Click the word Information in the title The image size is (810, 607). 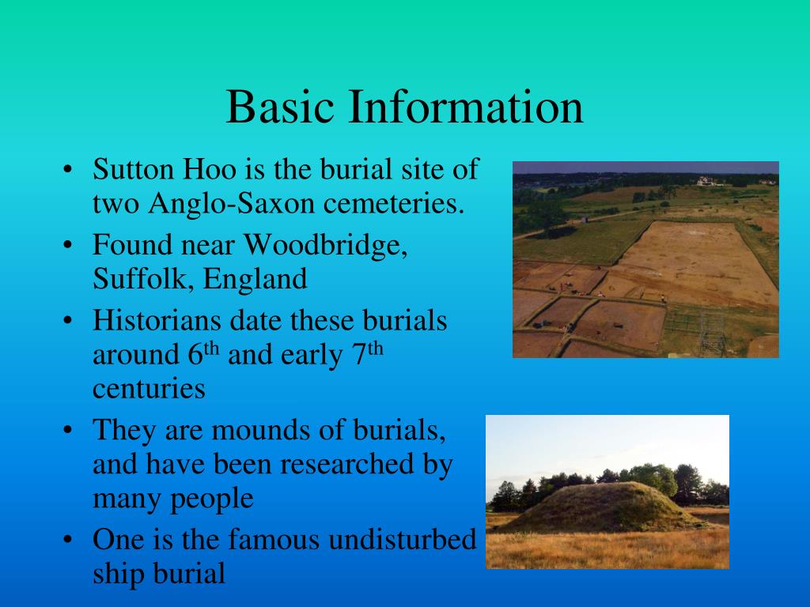coord(466,107)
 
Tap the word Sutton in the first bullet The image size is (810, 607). coord(134,169)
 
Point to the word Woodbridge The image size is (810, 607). coord(325,245)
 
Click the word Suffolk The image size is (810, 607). coord(142,279)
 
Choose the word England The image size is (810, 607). coord(255,279)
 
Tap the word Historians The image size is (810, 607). coord(157,321)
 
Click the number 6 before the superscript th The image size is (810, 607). coord(195,355)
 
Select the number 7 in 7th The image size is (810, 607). coord(359,355)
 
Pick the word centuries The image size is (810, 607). coord(149,390)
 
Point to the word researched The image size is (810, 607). coord(347,464)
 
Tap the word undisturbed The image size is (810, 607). coord(402,539)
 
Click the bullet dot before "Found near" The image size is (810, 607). coord(67,246)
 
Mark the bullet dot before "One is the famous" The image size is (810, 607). coord(67,541)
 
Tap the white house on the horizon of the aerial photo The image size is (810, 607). coord(706,181)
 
